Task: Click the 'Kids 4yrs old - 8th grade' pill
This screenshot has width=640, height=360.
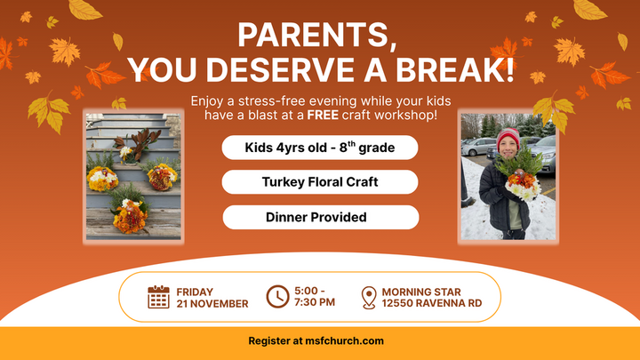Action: [x=320, y=147]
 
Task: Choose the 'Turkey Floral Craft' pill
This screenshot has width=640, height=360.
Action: [x=320, y=182]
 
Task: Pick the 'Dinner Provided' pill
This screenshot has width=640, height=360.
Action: [x=320, y=217]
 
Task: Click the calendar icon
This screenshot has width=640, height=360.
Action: [x=158, y=297]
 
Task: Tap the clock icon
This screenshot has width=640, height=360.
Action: [x=277, y=297]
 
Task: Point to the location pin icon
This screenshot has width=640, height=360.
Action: [x=369, y=297]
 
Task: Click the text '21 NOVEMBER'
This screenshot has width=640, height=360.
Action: [x=212, y=304]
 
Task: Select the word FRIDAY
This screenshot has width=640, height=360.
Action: [x=195, y=292]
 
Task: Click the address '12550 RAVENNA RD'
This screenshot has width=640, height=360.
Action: [x=432, y=304]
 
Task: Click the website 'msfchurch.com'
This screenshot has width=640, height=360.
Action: [x=344, y=341]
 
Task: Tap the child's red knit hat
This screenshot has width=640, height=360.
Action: [x=508, y=137]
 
